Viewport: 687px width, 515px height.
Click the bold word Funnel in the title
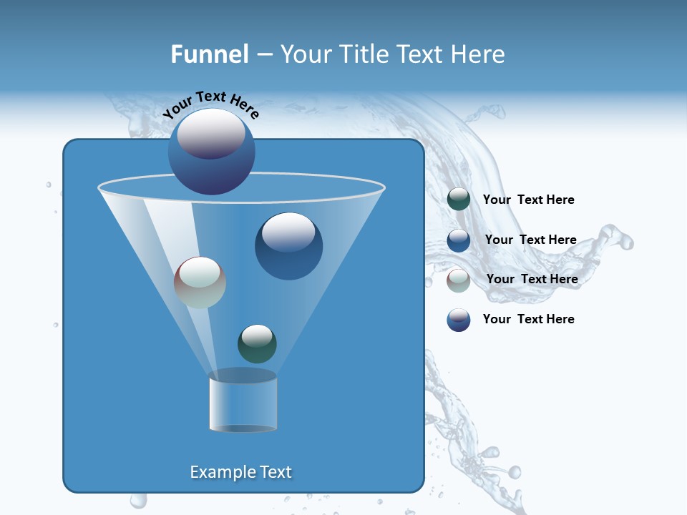pos(209,54)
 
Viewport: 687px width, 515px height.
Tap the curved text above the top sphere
pos(210,104)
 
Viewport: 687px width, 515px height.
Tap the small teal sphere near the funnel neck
pos(257,344)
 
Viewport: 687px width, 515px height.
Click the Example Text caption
pos(240,472)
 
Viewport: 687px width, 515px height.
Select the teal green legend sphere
pos(459,200)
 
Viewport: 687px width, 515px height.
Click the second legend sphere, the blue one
pos(459,240)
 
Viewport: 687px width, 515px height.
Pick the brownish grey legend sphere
pos(459,280)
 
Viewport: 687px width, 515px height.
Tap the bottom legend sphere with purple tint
pos(459,320)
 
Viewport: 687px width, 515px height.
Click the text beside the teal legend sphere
pos(528,200)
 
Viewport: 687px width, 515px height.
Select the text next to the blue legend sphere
pos(530,240)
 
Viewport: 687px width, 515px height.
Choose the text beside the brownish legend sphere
pos(532,279)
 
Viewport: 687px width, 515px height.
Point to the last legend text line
pos(528,319)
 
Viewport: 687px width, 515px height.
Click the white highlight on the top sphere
pos(211,134)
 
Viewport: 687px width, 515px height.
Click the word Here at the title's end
pos(479,54)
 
